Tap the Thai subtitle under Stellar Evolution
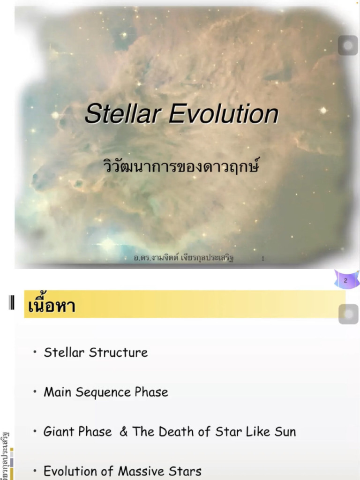pyautogui.click(x=180, y=166)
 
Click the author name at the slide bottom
pyautogui.click(x=183, y=258)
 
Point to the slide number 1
pyautogui.click(x=262, y=258)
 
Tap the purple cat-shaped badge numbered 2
pyautogui.click(x=346, y=280)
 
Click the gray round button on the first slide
pyautogui.click(x=348, y=46)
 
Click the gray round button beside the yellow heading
pyautogui.click(x=348, y=314)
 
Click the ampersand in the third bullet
pyautogui.click(x=123, y=432)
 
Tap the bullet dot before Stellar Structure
pyautogui.click(x=35, y=352)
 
